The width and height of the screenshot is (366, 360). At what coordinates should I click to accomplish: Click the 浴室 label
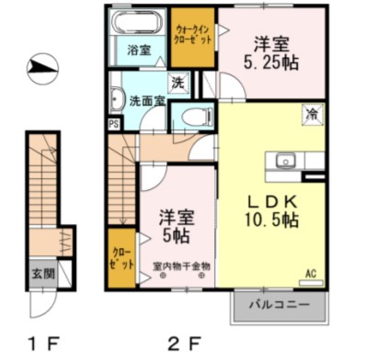tap(139, 50)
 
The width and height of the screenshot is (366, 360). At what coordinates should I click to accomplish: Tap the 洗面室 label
tap(147, 100)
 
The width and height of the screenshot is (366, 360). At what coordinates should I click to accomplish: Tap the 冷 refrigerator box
tap(314, 115)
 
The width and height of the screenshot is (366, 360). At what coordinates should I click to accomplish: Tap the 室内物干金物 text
tap(181, 266)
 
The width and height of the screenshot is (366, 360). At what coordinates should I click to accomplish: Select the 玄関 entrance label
tap(43, 273)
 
